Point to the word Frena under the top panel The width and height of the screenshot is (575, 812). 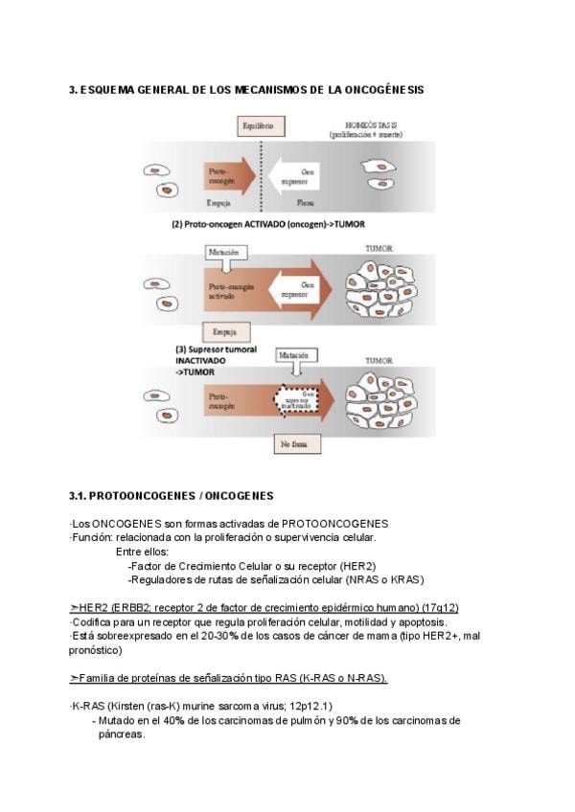(x=307, y=204)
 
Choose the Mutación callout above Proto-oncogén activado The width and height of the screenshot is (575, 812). (x=226, y=254)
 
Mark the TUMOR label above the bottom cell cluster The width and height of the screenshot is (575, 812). (x=379, y=361)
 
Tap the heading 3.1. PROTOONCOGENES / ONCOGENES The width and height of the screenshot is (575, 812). (x=172, y=496)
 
